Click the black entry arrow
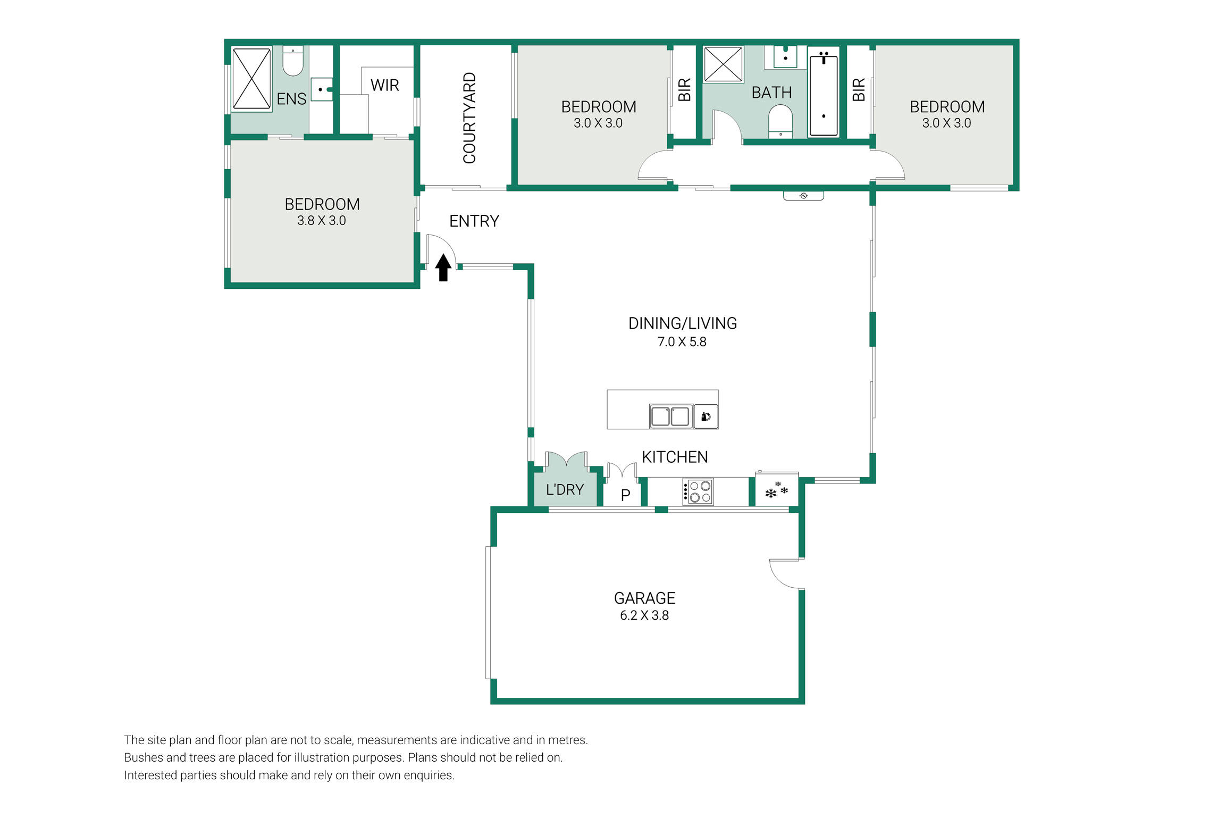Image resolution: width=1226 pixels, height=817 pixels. [443, 267]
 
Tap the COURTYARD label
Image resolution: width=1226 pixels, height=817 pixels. [469, 118]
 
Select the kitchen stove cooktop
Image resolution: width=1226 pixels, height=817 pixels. [698, 491]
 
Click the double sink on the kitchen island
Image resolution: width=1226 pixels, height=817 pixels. [671, 416]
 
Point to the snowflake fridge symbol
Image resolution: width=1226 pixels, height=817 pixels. [776, 490]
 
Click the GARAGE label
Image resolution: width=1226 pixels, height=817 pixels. [644, 598]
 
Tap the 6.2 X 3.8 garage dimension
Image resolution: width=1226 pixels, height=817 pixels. [644, 615]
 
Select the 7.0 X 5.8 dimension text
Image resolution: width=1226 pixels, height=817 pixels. [682, 342]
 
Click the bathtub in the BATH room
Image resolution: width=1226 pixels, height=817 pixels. [824, 93]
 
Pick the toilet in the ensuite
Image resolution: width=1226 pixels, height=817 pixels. [293, 61]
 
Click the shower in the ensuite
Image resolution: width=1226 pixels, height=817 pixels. [251, 79]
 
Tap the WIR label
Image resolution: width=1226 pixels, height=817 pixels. [384, 85]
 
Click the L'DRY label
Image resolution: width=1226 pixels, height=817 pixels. [565, 489]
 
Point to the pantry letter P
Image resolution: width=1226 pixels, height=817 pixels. [626, 495]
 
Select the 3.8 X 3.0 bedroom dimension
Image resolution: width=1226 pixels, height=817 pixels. [321, 221]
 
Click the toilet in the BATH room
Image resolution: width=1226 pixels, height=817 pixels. [780, 122]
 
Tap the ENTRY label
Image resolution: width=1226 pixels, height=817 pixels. [474, 221]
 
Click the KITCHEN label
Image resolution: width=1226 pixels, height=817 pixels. [675, 457]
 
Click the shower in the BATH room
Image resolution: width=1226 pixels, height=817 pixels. [723, 64]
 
